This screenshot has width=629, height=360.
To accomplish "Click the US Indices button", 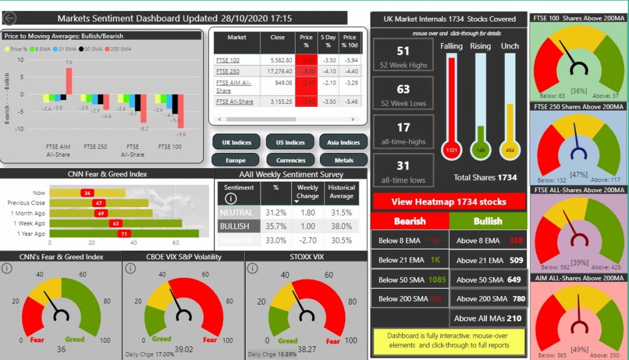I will point(290,143).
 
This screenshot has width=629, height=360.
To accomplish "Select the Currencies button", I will point(290,160).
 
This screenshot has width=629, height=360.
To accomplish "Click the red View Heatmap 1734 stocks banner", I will point(449,202).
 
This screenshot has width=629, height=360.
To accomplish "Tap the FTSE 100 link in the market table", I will point(227,60).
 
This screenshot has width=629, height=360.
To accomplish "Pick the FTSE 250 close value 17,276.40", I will point(276,72).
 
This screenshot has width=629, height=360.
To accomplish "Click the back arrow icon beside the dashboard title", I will point(10,19).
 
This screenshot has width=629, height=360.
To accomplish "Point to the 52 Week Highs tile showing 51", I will point(403,57).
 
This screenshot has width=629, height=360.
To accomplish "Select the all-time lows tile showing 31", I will point(403,171).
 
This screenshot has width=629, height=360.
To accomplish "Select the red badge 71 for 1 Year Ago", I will point(125,233).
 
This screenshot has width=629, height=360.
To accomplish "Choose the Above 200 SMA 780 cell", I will point(489,299).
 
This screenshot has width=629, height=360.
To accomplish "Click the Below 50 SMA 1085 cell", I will point(410,280).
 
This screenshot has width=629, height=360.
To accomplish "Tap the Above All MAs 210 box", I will point(488,318).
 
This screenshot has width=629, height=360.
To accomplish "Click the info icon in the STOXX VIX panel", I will point(252,268).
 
